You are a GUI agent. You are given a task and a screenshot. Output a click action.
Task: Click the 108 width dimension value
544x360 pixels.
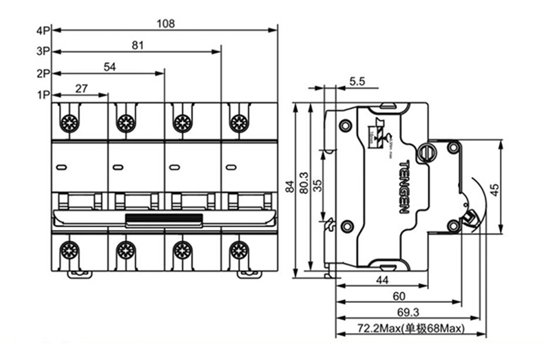[x=165, y=23]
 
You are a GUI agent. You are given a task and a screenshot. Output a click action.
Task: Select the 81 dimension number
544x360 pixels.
[x=137, y=45]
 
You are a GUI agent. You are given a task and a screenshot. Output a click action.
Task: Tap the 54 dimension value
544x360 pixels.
[x=109, y=67]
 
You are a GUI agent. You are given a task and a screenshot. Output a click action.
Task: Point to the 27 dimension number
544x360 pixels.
[x=81, y=88]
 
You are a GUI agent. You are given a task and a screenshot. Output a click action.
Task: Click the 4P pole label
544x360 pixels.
[x=43, y=31]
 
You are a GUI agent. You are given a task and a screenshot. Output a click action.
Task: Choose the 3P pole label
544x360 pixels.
[x=43, y=52]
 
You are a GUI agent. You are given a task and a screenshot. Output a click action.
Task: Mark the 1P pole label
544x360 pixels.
[x=43, y=95]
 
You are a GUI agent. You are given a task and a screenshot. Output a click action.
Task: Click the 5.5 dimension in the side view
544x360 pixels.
[x=357, y=81]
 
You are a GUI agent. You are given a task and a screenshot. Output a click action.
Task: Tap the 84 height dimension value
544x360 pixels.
[x=291, y=186]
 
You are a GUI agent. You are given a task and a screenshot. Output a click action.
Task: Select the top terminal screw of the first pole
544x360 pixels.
[x=69, y=123]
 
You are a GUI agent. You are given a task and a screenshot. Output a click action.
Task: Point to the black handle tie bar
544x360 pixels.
[x=164, y=220]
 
